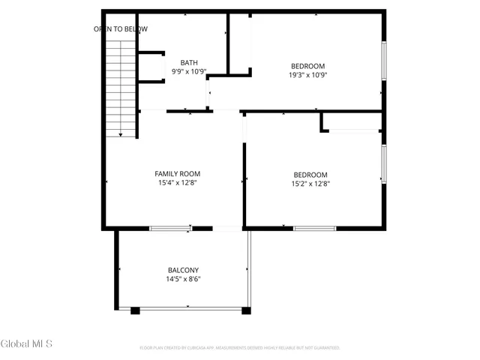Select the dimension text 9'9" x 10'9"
(x=187, y=72)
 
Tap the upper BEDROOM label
(x=307, y=65)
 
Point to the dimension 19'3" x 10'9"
(x=307, y=75)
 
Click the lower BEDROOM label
(x=310, y=174)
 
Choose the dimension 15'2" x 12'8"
(x=310, y=184)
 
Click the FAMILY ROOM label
(x=177, y=172)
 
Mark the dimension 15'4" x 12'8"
(x=177, y=182)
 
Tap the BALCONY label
(x=183, y=270)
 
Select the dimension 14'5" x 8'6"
(x=183, y=280)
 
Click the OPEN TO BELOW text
(x=121, y=29)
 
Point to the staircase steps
(x=120, y=82)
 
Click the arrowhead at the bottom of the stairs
(x=121, y=134)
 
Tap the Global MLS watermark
(x=27, y=344)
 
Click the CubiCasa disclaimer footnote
(x=240, y=348)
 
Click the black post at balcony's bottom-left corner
(x=135, y=310)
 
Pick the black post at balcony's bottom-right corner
(x=245, y=310)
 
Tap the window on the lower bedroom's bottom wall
(x=314, y=228)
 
